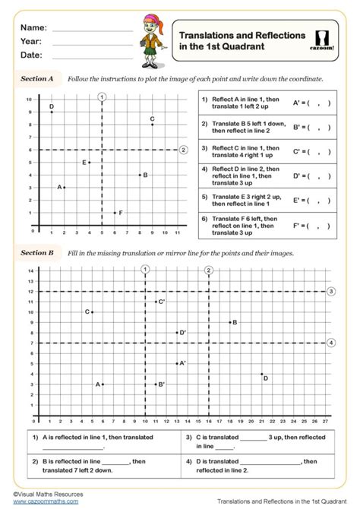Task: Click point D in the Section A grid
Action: tap(52, 112)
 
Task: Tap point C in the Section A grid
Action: tap(153, 125)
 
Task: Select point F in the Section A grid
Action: tap(115, 213)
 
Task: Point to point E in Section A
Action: tap(90, 162)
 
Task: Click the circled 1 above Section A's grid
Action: tap(102, 96)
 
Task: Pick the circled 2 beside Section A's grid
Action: tap(183, 150)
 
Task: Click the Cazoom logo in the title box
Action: tap(327, 41)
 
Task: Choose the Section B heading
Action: tap(37, 252)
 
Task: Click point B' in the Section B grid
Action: tap(156, 384)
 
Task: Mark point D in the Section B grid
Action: tap(262, 374)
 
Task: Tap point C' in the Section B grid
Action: tap(156, 302)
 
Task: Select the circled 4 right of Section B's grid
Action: tap(330, 343)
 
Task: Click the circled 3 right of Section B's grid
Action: tap(330, 291)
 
